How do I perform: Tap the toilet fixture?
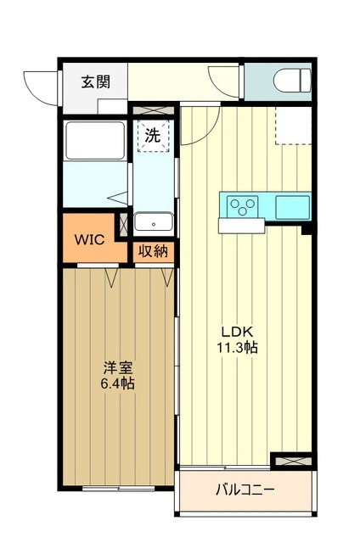288,81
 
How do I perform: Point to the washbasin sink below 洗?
154,221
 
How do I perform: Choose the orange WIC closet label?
88,239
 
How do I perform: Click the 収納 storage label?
154,251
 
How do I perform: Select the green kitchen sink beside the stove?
291,204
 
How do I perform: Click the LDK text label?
239,332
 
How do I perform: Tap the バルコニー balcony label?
245,490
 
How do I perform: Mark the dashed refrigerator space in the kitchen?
294,126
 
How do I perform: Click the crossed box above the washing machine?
154,111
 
